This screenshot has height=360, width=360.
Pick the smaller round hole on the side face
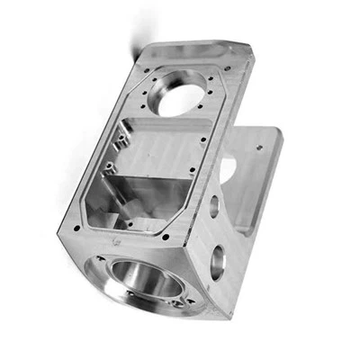[214, 206]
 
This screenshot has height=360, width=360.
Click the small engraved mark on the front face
[114, 242]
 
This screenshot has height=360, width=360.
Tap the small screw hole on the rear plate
[261, 142]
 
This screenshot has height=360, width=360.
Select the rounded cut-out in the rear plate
[228, 166]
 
